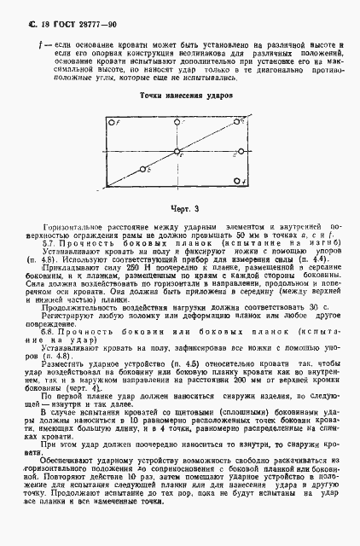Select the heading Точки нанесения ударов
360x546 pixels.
[x=179, y=96]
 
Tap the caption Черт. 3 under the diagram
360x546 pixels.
[x=179, y=208]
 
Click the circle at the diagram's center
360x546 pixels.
[x=177, y=153]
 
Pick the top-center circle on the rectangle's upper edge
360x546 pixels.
[x=177, y=123]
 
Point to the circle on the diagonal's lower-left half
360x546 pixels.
[x=144, y=169]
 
